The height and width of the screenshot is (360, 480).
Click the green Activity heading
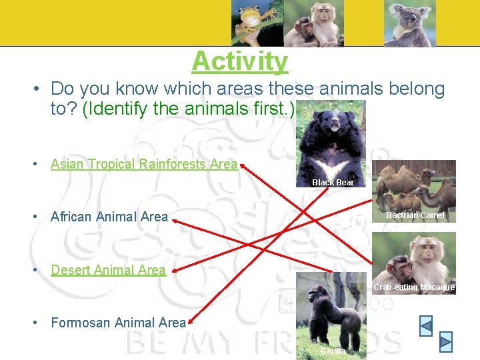(240, 61)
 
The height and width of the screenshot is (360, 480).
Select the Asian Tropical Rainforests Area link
(143, 164)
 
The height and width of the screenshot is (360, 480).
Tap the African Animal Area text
(109, 216)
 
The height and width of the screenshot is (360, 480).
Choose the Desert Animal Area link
(108, 270)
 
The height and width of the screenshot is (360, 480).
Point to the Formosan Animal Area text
(118, 323)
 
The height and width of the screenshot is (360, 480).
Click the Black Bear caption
(333, 182)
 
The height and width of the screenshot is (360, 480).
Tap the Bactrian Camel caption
(415, 215)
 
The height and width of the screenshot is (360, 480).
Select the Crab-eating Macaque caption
(414, 287)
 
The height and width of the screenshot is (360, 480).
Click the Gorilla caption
(333, 351)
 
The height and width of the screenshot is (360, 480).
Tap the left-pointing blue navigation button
(425, 326)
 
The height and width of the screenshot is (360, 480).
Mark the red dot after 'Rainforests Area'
(242, 164)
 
